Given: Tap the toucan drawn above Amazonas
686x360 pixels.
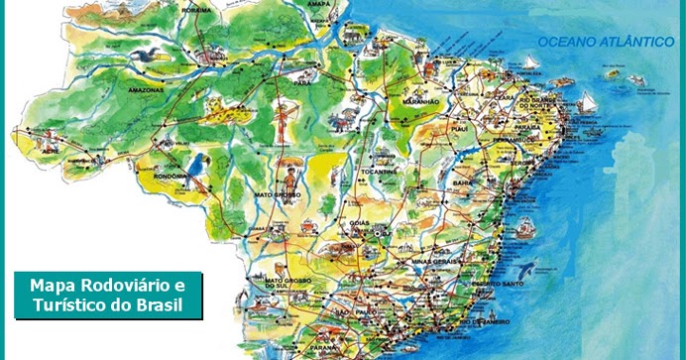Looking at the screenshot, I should [148, 57].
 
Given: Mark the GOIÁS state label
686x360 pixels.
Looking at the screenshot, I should [359, 224].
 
